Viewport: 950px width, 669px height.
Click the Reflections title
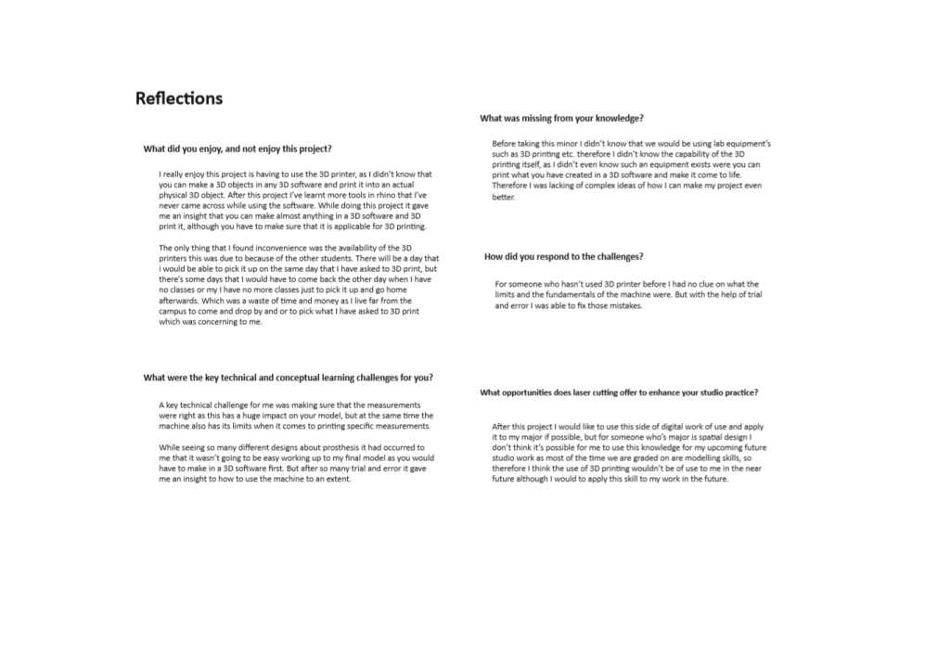(179, 98)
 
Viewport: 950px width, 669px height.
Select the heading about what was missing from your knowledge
(561, 118)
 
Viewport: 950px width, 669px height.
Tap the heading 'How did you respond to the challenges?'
(563, 256)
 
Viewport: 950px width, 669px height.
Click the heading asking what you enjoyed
(237, 148)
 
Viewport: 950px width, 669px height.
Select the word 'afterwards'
(182, 301)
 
